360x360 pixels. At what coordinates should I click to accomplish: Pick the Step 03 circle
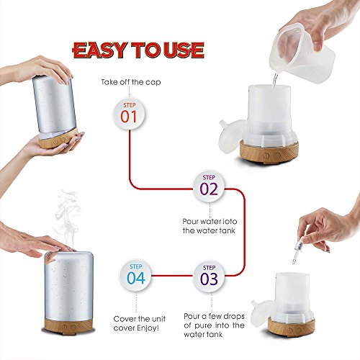point(208,276)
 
